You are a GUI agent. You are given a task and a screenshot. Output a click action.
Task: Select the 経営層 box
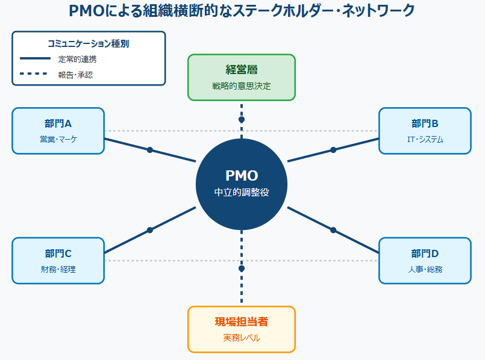pyautogui.click(x=242, y=77)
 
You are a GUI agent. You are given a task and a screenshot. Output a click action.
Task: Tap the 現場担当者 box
pyautogui.click(x=242, y=329)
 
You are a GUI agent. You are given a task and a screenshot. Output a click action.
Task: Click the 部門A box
pyautogui.click(x=58, y=131)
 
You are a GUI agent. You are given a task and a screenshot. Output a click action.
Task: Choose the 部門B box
pyautogui.click(x=425, y=131)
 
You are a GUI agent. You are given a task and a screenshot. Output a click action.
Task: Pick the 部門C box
pyautogui.click(x=58, y=261)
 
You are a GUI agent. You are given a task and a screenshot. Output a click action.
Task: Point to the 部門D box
pyautogui.click(x=425, y=261)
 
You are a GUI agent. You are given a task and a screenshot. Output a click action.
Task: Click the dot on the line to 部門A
pyautogui.click(x=150, y=150)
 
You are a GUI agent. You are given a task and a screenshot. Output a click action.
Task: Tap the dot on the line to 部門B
pyautogui.click(x=333, y=150)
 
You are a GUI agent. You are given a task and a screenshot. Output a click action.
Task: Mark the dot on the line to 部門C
pyautogui.click(x=150, y=230)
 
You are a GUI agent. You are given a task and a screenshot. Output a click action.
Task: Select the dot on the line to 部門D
pyautogui.click(x=333, y=230)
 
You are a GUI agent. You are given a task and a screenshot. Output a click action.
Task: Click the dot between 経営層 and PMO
pyautogui.click(x=242, y=119)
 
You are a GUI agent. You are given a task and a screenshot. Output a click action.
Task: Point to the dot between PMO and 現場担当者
pyautogui.click(x=242, y=268)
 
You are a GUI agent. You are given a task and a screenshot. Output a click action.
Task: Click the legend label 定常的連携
pyautogui.click(x=77, y=59)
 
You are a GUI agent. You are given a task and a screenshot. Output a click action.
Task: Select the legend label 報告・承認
pyautogui.click(x=75, y=75)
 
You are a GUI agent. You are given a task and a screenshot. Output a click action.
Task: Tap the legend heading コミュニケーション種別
pyautogui.click(x=88, y=43)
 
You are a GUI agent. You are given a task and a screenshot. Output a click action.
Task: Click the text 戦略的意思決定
pyautogui.click(x=242, y=86)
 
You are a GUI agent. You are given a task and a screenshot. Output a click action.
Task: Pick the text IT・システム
pyautogui.click(x=425, y=140)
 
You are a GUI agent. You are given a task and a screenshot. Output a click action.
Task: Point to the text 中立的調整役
pyautogui.click(x=242, y=193)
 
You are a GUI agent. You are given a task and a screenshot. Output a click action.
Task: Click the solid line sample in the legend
pyautogui.click(x=35, y=59)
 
